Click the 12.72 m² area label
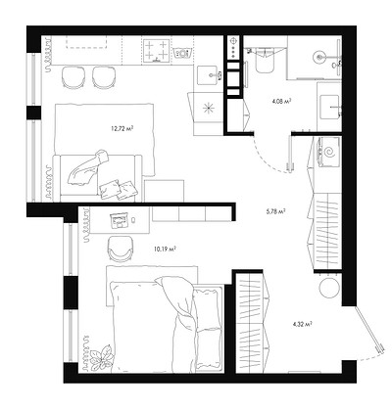(122, 128)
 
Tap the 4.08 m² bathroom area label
(281, 101)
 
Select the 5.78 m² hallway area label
(276, 211)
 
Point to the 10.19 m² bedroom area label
(165, 250)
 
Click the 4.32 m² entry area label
(302, 324)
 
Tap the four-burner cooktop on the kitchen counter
(157, 50)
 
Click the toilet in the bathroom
(265, 60)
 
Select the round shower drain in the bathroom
(318, 57)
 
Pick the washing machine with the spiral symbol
(327, 152)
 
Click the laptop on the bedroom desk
(119, 220)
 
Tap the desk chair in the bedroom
(121, 249)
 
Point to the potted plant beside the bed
(101, 357)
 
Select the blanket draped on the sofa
(87, 167)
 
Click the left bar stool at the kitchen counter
(73, 77)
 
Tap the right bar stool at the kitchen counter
(104, 77)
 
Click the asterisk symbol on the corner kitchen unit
(208, 109)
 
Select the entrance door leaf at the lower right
(368, 328)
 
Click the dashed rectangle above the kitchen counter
(87, 42)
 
